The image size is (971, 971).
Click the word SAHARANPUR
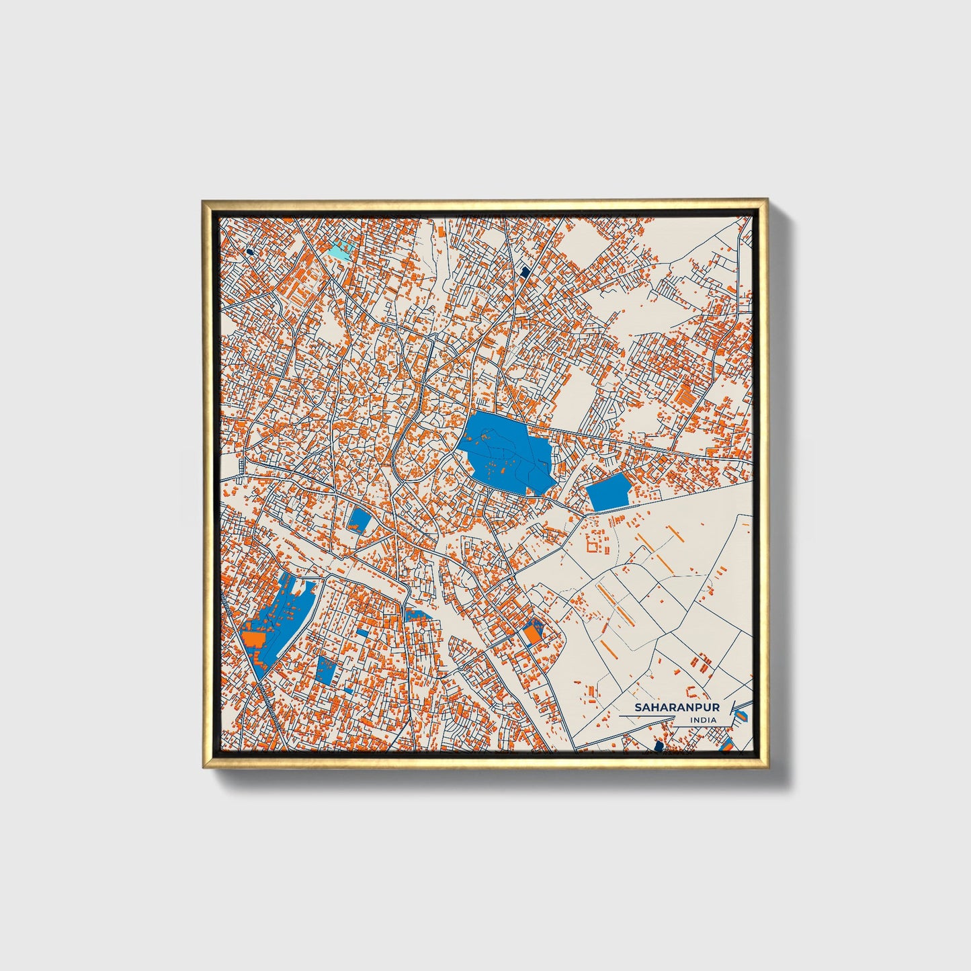click(677, 708)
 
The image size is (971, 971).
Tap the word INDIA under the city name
click(703, 720)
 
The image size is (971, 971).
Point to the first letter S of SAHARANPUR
click(639, 708)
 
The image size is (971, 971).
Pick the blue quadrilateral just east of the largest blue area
click(609, 492)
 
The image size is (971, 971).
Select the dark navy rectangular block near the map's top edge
click(525, 271)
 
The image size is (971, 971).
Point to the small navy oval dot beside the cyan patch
click(249, 251)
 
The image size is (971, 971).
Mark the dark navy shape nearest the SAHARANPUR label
click(659, 745)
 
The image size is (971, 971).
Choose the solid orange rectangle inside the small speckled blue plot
click(532, 633)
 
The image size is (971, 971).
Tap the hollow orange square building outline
click(593, 543)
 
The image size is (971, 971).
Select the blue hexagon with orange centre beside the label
click(741, 716)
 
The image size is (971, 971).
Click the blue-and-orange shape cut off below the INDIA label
click(726, 744)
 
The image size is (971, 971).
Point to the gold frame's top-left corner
click(203, 200)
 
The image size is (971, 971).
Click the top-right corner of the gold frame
click(767, 200)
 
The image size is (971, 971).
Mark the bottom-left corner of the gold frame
click(203, 767)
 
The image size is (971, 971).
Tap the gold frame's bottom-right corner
click(767, 767)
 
